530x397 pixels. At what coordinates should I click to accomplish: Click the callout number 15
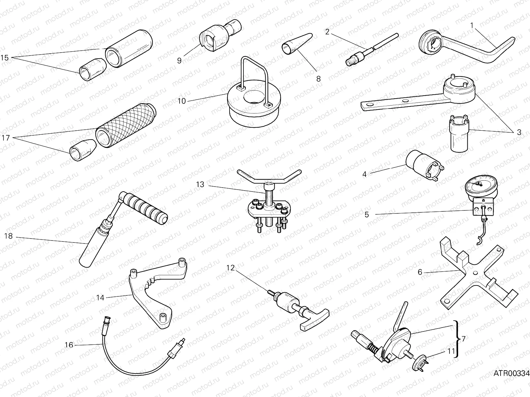(x=5, y=58)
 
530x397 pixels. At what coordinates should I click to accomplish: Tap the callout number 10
(x=182, y=101)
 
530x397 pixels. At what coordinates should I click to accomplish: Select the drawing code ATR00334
(x=511, y=374)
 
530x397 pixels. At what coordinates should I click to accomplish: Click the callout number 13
(x=200, y=184)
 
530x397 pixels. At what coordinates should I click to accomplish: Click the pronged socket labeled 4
(x=421, y=165)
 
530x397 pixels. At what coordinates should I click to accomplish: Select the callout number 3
(x=519, y=132)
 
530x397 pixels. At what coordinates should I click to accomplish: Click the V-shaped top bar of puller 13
(x=269, y=177)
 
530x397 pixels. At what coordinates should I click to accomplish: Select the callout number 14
(x=100, y=298)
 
